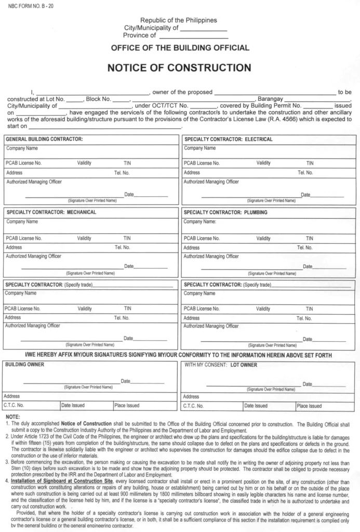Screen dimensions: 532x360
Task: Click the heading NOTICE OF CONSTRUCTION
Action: pos(179,68)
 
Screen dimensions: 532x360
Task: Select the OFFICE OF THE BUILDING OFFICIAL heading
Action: pos(180,48)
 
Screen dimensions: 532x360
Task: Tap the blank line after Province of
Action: pos(193,36)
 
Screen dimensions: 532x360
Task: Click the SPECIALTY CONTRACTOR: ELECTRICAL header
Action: pos(228,139)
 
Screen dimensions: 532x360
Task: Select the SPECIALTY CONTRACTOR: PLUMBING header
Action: pos(226,212)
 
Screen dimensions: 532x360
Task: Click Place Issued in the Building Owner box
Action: pos(127,405)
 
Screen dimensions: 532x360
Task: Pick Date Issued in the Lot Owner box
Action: pos(256,406)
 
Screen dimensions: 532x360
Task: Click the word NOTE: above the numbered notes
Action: pos(12,417)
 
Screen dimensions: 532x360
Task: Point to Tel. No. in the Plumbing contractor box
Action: pos(304,247)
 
